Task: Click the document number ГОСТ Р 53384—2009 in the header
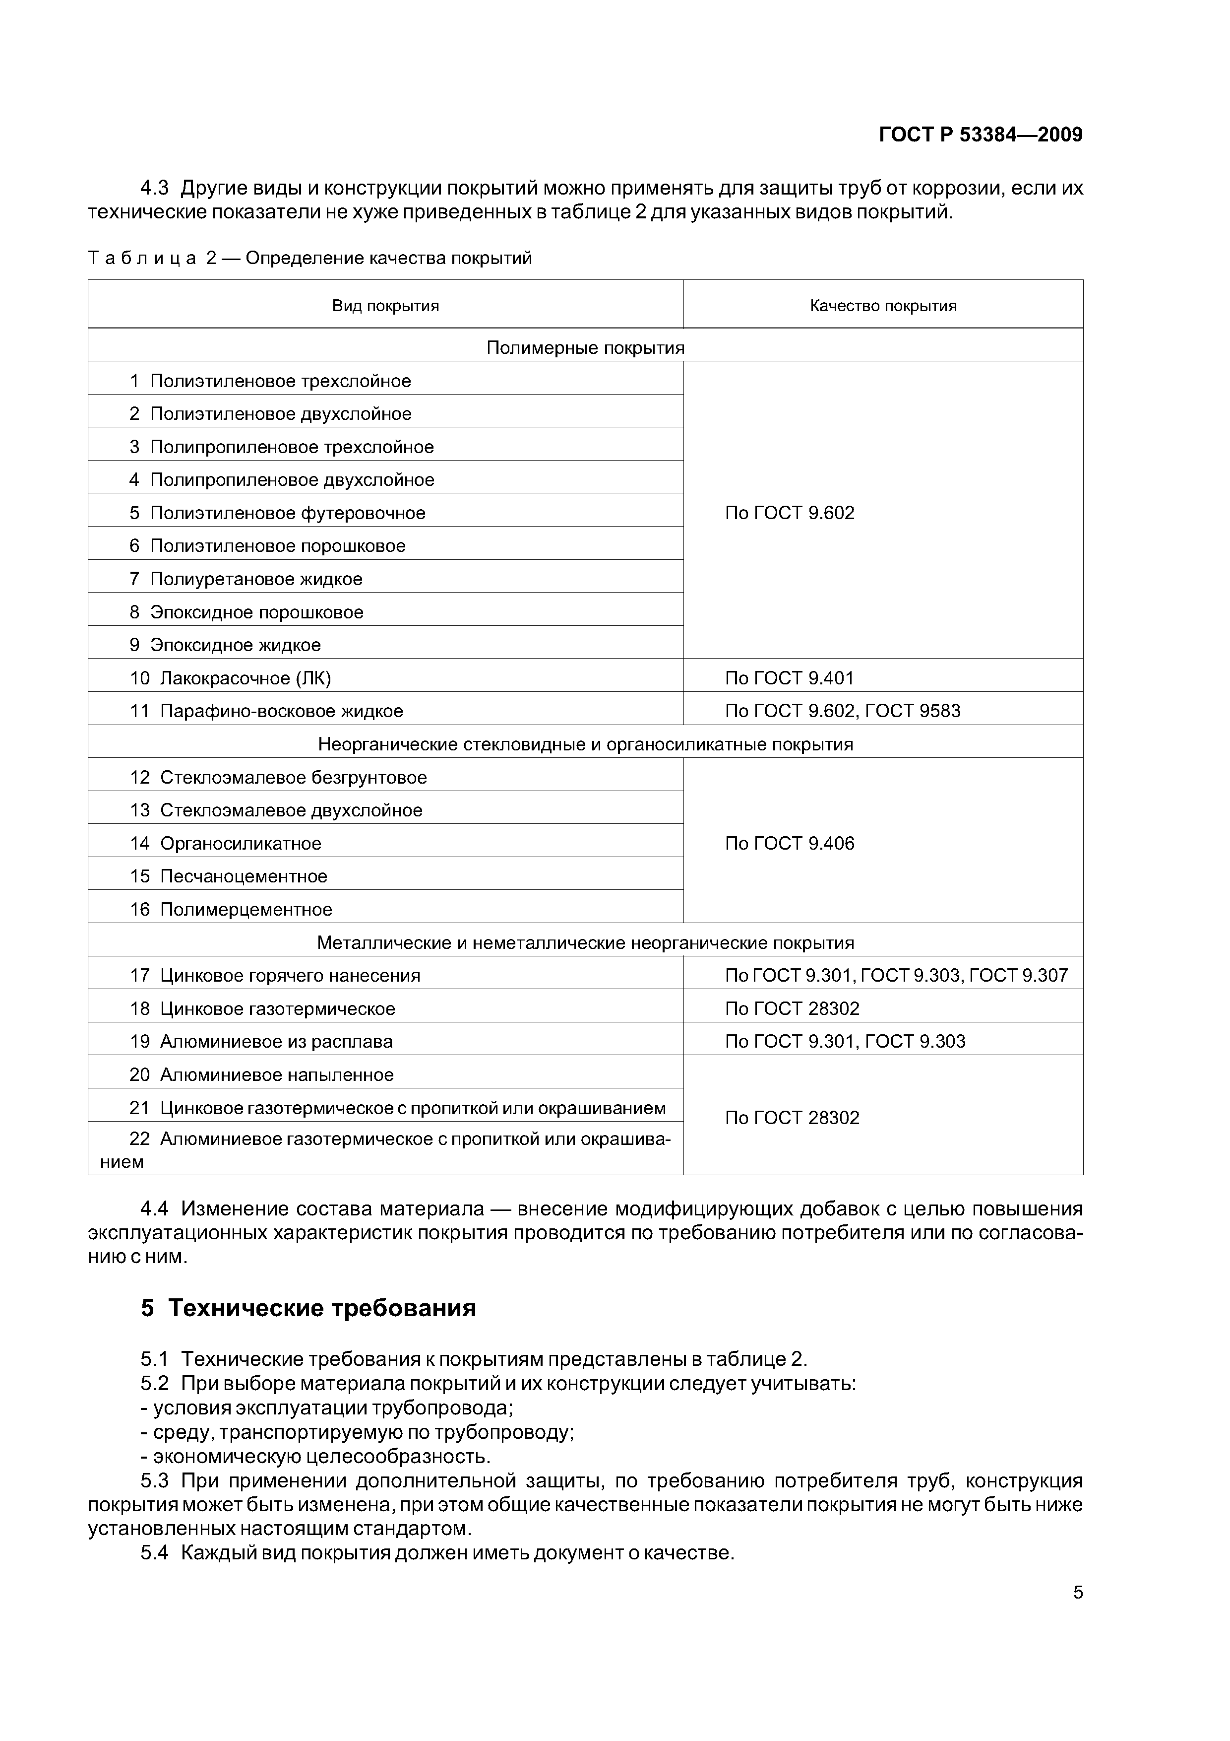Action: click(980, 135)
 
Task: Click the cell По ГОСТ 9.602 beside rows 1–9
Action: click(789, 513)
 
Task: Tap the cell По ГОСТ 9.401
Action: click(789, 678)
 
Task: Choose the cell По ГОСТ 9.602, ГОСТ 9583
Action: click(842, 711)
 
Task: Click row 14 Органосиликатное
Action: click(240, 843)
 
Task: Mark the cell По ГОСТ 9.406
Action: click(789, 843)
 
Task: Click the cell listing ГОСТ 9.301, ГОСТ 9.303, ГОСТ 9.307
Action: click(896, 975)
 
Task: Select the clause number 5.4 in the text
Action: click(155, 1553)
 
